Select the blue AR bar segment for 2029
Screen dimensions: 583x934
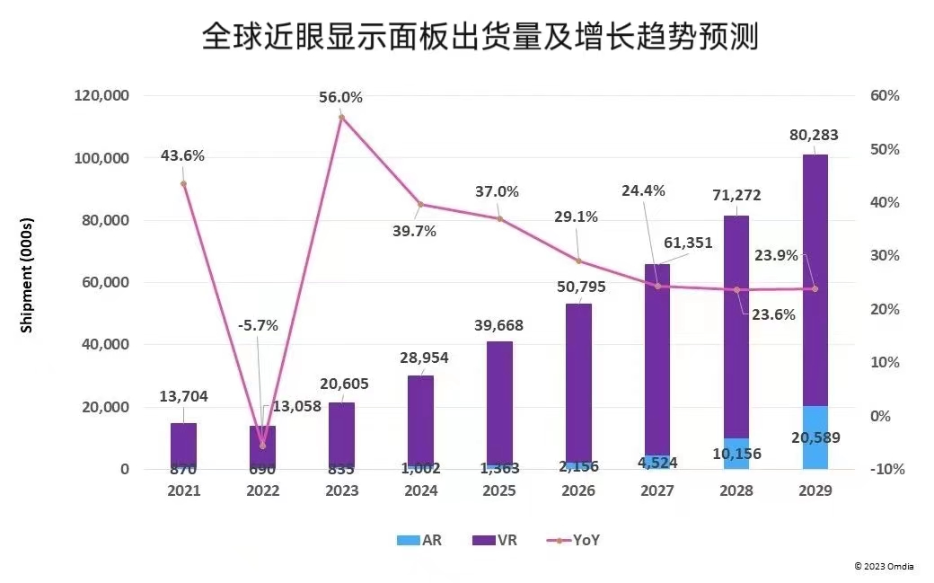click(x=815, y=438)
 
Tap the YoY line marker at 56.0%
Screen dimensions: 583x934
click(x=341, y=117)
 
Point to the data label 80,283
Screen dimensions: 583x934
click(x=815, y=136)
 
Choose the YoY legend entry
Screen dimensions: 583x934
click(x=573, y=540)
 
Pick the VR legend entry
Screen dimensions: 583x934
click(x=495, y=540)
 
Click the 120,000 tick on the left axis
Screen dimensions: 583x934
click(x=104, y=96)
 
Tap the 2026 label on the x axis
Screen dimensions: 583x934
click(x=578, y=491)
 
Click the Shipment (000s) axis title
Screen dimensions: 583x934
click(x=27, y=275)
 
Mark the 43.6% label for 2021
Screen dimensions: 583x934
click(x=182, y=155)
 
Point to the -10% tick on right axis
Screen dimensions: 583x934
click(x=884, y=469)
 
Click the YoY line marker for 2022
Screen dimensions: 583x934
click(x=262, y=446)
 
